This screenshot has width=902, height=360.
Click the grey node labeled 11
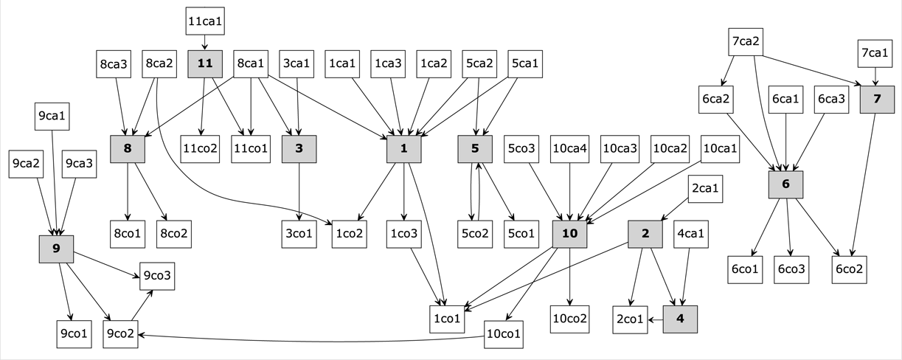click(205, 64)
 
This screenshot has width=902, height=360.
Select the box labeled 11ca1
click(205, 21)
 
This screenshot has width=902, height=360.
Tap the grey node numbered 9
click(56, 249)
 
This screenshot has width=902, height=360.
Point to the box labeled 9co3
click(156, 277)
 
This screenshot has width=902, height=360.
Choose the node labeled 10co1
click(503, 334)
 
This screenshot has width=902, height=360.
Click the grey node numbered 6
click(785, 184)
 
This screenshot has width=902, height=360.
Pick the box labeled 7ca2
click(746, 41)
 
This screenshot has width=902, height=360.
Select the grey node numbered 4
click(679, 319)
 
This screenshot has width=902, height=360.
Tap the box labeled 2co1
click(631, 319)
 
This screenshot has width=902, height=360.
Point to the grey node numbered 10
click(569, 234)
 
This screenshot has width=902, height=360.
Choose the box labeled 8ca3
click(114, 64)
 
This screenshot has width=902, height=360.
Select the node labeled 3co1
click(299, 234)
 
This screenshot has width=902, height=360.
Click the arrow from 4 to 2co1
click(655, 319)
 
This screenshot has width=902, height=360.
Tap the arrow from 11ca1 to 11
click(205, 43)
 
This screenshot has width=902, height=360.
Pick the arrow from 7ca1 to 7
click(876, 77)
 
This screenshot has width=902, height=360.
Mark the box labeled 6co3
click(791, 269)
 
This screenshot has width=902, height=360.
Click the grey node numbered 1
click(403, 148)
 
